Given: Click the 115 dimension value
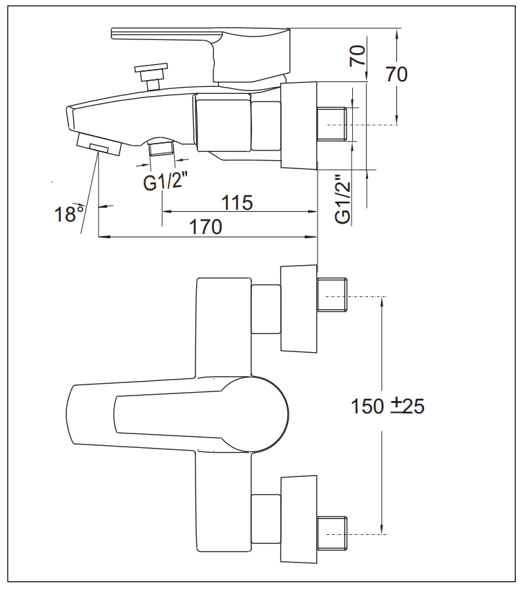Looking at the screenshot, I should point(238,202).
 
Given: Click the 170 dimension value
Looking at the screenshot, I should point(207,226).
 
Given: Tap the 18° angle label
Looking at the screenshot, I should point(69,214).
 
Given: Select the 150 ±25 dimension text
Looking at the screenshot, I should point(387,407).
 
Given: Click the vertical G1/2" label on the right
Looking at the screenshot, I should point(342,199).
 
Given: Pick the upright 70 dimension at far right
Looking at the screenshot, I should point(397,73).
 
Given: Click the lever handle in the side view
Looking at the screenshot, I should point(200,36).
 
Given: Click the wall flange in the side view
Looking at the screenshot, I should point(299,124).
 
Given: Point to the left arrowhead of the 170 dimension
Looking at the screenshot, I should point(102,237).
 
